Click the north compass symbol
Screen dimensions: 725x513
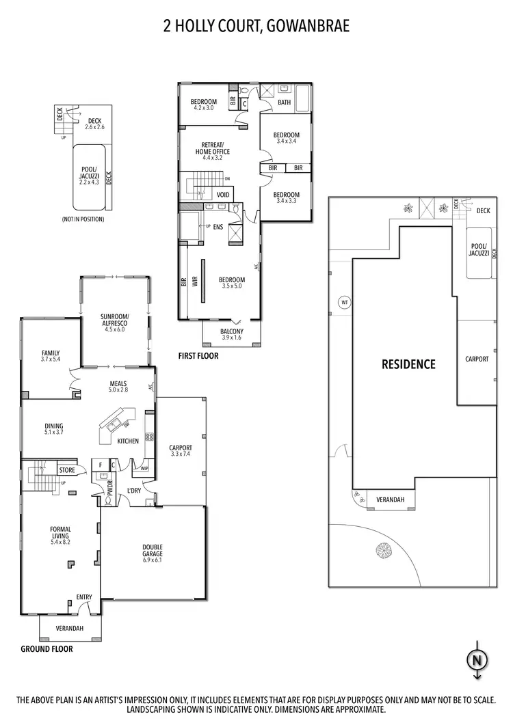[476, 660]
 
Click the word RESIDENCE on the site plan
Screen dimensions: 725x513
[408, 364]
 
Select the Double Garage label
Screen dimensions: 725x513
[153, 549]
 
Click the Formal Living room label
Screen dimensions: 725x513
[60, 532]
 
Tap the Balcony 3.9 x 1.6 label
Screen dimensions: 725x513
[231, 334]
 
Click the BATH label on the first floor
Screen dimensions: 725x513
[285, 103]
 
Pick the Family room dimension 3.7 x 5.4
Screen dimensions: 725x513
[51, 359]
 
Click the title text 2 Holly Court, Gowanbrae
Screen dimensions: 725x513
[256, 27]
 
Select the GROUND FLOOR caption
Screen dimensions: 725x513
[47, 649]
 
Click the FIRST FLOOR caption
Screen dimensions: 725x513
[198, 355]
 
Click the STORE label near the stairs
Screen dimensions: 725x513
[66, 470]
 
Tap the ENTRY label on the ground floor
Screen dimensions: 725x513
[84, 597]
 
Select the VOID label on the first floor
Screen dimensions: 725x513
[223, 194]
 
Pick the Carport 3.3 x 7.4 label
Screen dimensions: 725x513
[181, 452]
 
